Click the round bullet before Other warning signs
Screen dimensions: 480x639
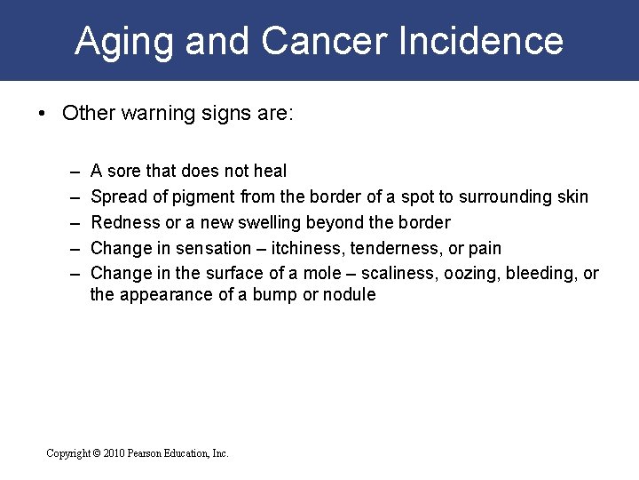pos(41,114)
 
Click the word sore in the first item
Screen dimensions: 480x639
pos(124,171)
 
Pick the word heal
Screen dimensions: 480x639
pos(270,171)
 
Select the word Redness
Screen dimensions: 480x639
pos(125,222)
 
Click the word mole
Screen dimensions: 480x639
pos(285,273)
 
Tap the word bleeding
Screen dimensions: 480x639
pos(537,273)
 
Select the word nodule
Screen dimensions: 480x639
pos(349,294)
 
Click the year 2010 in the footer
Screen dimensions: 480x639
pos(113,453)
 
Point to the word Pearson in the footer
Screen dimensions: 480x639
pos(146,453)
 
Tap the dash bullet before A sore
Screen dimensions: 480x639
pos(71,171)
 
